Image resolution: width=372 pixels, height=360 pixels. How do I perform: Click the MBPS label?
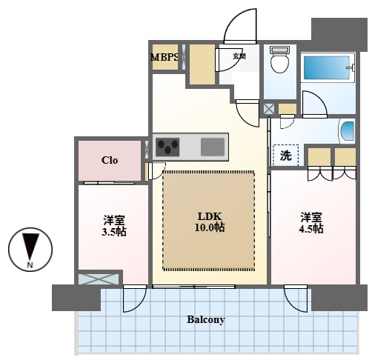tap(165, 57)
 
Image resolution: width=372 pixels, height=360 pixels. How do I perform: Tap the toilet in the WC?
tap(279, 59)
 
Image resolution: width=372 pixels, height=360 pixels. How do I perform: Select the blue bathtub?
tap(327, 67)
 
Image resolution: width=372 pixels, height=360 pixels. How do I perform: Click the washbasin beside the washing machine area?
tap(348, 131)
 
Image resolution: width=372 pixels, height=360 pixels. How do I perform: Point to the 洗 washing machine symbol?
tap(286, 156)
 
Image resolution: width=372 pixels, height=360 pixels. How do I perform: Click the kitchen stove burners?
tap(167, 147)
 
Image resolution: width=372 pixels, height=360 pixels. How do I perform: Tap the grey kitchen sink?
tap(213, 147)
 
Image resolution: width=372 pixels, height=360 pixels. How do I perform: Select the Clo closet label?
tap(110, 160)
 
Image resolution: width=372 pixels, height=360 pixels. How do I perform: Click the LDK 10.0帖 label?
tap(210, 221)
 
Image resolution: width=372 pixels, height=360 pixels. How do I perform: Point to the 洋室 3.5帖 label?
tap(114, 226)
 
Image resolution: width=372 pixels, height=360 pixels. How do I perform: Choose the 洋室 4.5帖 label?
tap(311, 223)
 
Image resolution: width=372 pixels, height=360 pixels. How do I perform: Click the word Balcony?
tap(206, 319)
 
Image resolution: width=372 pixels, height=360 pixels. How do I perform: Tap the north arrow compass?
tap(30, 250)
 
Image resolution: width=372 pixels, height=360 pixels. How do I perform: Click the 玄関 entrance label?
tap(239, 56)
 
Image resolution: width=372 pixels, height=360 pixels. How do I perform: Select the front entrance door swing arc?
tap(240, 25)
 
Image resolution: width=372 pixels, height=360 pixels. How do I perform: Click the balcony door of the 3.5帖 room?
tap(135, 299)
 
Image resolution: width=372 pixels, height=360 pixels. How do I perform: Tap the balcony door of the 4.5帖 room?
tap(296, 299)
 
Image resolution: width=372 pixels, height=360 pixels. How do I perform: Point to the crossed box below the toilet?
tap(269, 109)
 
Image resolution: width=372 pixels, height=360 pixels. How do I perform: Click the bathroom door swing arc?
tap(315, 104)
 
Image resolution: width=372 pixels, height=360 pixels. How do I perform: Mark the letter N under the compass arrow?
tap(30, 265)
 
